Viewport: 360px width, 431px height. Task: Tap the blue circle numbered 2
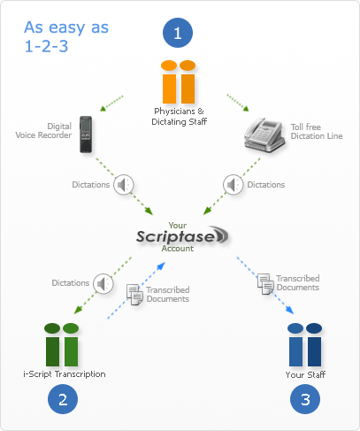tap(63, 399)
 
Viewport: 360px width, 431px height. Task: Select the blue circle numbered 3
tap(305, 399)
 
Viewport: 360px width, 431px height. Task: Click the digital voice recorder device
tap(87, 135)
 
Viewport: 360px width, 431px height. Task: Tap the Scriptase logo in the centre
tap(182, 236)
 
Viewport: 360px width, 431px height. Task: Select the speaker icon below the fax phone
tap(233, 184)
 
